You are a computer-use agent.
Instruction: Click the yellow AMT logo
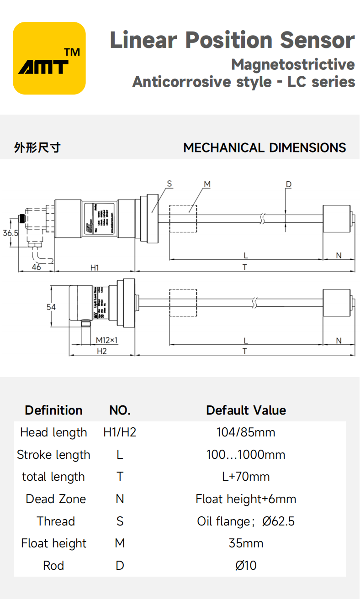click(49, 58)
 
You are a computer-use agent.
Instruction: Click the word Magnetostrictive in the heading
click(293, 64)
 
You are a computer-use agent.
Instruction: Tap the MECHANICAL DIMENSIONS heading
click(265, 148)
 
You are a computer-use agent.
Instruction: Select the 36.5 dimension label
click(10, 232)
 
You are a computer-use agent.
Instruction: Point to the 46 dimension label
click(37, 267)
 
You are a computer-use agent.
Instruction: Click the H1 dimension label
click(95, 268)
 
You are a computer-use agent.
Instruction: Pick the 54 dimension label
click(51, 307)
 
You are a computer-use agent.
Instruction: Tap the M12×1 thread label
click(107, 340)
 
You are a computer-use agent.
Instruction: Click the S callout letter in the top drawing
click(169, 184)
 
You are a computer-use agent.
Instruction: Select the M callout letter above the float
click(207, 184)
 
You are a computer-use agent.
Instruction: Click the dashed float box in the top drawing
click(183, 219)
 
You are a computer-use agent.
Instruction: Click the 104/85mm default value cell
click(246, 432)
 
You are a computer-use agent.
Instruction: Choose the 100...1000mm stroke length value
click(246, 454)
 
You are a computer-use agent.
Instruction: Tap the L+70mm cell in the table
click(246, 477)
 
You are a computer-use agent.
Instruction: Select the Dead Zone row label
click(56, 499)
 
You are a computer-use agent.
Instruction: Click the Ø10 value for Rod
click(246, 566)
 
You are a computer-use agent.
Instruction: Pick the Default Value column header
click(246, 410)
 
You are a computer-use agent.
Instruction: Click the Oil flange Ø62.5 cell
click(246, 521)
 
